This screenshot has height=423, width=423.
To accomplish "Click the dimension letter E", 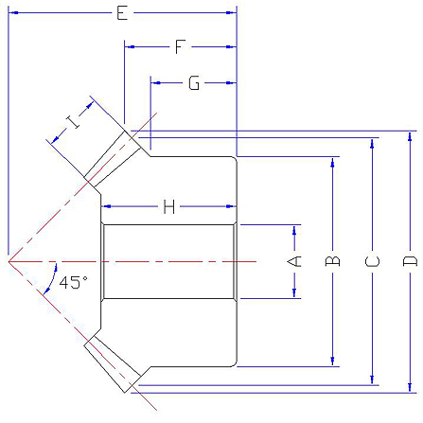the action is (122, 13).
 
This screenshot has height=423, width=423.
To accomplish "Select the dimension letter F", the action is (180, 46).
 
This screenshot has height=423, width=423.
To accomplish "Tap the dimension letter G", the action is (194, 83).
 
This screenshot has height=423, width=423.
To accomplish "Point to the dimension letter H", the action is (169, 207).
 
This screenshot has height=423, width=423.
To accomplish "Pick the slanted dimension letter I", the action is (72, 122).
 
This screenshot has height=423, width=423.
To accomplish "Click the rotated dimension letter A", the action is (294, 261).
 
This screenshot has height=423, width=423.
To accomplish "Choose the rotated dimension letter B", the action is (332, 261).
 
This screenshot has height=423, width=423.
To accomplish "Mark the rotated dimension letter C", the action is (372, 261).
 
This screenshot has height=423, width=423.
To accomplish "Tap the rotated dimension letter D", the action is (410, 261).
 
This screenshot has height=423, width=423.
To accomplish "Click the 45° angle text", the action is (74, 282).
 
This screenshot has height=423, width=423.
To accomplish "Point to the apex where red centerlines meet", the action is (9, 261).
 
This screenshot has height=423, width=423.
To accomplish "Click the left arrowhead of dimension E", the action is (13, 12).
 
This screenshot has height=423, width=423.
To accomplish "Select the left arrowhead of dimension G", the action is (156, 83).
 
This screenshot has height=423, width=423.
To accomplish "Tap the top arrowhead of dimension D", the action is (410, 136).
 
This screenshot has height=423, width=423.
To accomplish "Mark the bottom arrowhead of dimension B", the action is (332, 361).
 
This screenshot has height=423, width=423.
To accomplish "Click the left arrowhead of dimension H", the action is (106, 206).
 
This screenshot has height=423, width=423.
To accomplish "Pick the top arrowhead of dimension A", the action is (294, 230).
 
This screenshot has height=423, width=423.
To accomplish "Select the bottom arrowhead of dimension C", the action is (372, 380).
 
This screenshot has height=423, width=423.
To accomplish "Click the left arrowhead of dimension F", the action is (130, 46).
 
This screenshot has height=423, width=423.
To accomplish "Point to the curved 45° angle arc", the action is (52, 278).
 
